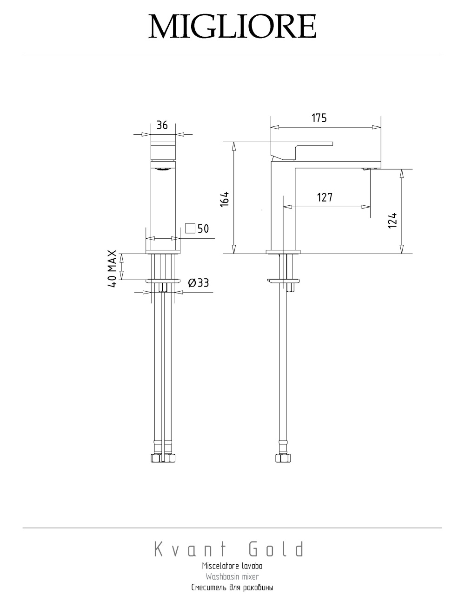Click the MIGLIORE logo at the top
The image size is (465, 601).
click(x=232, y=26)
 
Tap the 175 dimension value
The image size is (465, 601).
click(x=319, y=118)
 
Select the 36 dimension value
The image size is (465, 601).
click(x=162, y=125)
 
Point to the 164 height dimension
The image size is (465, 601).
click(x=225, y=199)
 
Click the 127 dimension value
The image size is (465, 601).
click(x=325, y=197)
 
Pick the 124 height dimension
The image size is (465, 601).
click(x=392, y=220)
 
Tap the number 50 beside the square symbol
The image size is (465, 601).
click(x=203, y=229)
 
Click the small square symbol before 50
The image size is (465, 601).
click(x=190, y=228)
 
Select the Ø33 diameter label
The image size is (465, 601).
click(x=199, y=283)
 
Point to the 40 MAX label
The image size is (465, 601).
click(x=112, y=268)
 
